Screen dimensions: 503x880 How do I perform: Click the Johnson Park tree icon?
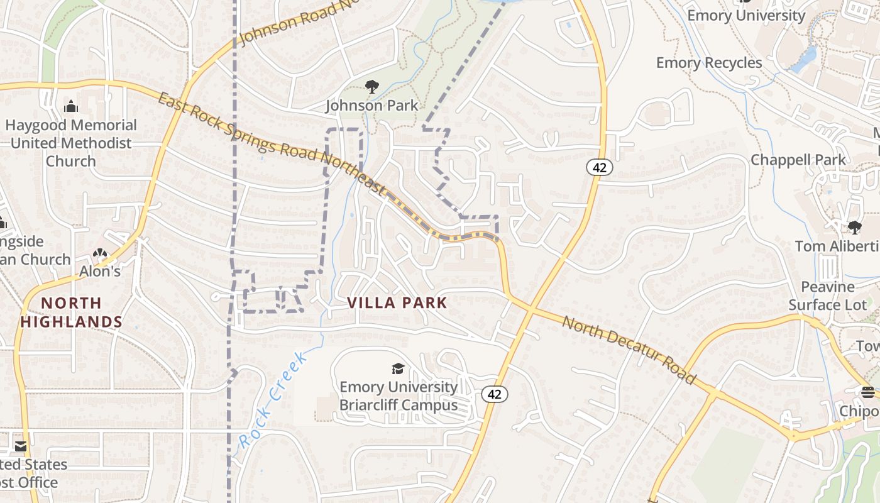pyautogui.click(x=371, y=87)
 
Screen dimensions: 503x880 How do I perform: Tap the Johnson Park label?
pyautogui.click(x=371, y=105)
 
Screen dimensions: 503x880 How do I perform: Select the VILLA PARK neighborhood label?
pyautogui.click(x=397, y=303)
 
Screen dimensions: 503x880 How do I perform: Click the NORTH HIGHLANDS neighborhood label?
pyautogui.click(x=71, y=312)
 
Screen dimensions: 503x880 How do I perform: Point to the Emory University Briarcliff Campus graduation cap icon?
pyautogui.click(x=398, y=368)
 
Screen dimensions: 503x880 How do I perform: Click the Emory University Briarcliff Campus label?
pyautogui.click(x=399, y=395)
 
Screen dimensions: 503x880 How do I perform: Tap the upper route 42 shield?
pyautogui.click(x=600, y=167)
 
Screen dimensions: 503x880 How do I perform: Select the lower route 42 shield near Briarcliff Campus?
pyautogui.click(x=495, y=394)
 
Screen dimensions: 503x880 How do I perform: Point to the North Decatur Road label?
pyautogui.click(x=629, y=350)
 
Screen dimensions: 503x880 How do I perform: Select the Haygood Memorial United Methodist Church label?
pyautogui.click(x=70, y=143)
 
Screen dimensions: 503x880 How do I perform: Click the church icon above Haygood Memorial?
pyautogui.click(x=71, y=106)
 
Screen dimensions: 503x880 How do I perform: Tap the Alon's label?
pyautogui.click(x=99, y=272)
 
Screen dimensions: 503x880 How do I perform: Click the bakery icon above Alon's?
pyautogui.click(x=99, y=253)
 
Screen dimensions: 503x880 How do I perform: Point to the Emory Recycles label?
pyautogui.click(x=709, y=63)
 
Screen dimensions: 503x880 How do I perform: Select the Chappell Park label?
pyautogui.click(x=798, y=160)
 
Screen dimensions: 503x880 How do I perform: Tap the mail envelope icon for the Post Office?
pyautogui.click(x=21, y=446)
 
